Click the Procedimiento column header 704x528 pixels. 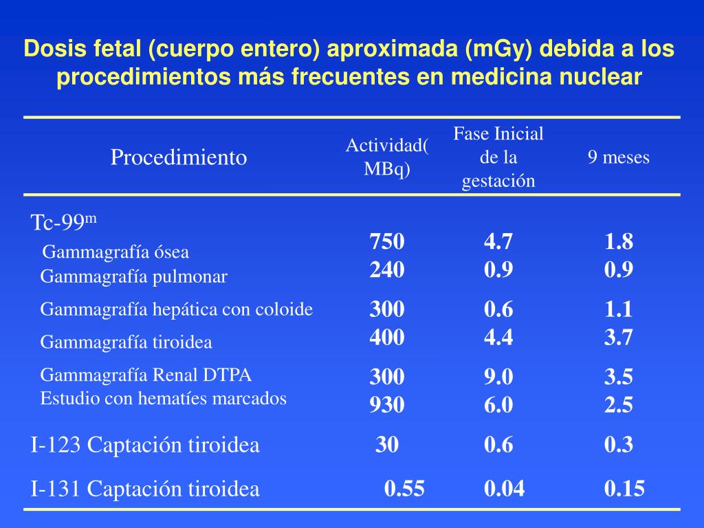pyautogui.click(x=179, y=157)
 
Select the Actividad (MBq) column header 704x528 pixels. pyautogui.click(x=387, y=157)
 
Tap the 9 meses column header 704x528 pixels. pyautogui.click(x=618, y=157)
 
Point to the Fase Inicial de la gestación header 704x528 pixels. pyautogui.click(x=498, y=157)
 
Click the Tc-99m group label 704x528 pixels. pyautogui.click(x=64, y=222)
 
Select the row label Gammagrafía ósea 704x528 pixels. pyautogui.click(x=115, y=252)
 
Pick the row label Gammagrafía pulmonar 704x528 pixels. pyautogui.click(x=133, y=276)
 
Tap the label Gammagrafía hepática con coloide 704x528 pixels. pyautogui.click(x=177, y=309)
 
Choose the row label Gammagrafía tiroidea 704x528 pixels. pyautogui.click(x=126, y=342)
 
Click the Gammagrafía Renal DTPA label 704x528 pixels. pyautogui.click(x=146, y=375)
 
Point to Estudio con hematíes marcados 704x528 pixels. pyautogui.click(x=163, y=398)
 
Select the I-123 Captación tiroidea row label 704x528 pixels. pyautogui.click(x=145, y=445)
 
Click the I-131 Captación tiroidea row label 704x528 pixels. pyautogui.click(x=145, y=489)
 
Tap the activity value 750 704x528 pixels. pyautogui.click(x=387, y=242)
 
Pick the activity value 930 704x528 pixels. pyautogui.click(x=387, y=406)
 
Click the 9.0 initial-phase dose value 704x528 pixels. pyautogui.click(x=498, y=377)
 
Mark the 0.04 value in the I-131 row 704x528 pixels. pyautogui.click(x=504, y=489)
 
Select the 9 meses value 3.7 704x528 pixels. pyautogui.click(x=619, y=337)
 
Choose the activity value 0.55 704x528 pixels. pyautogui.click(x=404, y=489)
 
